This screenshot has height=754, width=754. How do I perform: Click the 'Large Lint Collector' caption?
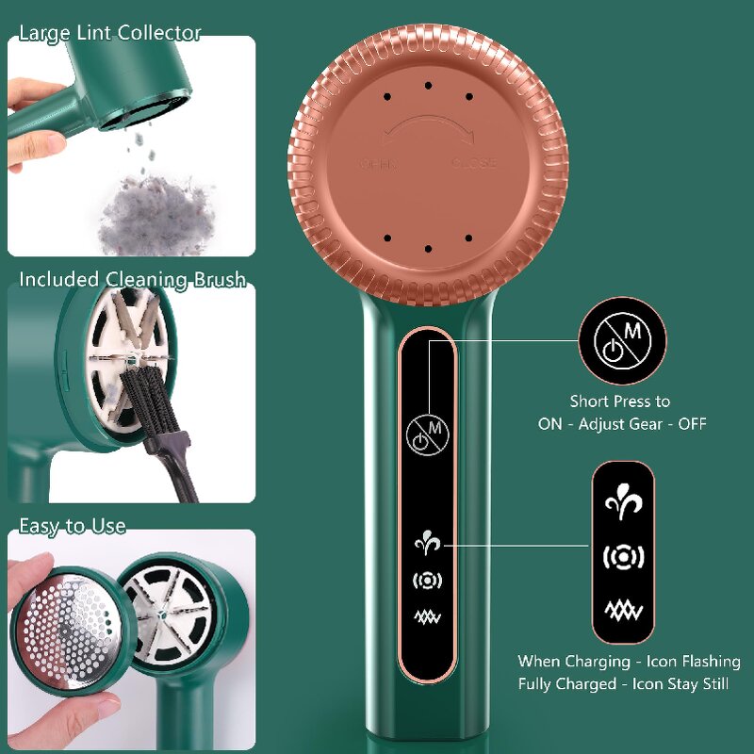pyautogui.click(x=110, y=33)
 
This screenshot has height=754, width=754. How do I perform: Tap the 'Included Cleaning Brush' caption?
pyautogui.click(x=132, y=279)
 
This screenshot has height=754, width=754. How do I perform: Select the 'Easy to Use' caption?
pyautogui.click(x=73, y=526)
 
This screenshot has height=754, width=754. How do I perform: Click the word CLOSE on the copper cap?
pyautogui.click(x=473, y=164)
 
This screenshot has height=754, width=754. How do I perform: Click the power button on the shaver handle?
pyautogui.click(x=426, y=434)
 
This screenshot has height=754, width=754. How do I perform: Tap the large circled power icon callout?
pyautogui.click(x=621, y=341)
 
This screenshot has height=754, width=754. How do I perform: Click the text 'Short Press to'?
pyautogui.click(x=620, y=402)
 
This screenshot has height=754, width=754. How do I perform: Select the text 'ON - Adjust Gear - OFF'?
pyautogui.click(x=622, y=424)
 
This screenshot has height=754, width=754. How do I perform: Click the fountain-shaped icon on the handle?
pyautogui.click(x=427, y=544)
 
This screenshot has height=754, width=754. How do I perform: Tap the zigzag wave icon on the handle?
pyautogui.click(x=427, y=617)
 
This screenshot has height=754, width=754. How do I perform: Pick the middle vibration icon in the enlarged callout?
pyautogui.click(x=622, y=558)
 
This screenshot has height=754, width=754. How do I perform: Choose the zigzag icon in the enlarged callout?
pyautogui.click(x=622, y=611)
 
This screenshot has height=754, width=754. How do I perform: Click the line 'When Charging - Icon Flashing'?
pyautogui.click(x=629, y=662)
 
